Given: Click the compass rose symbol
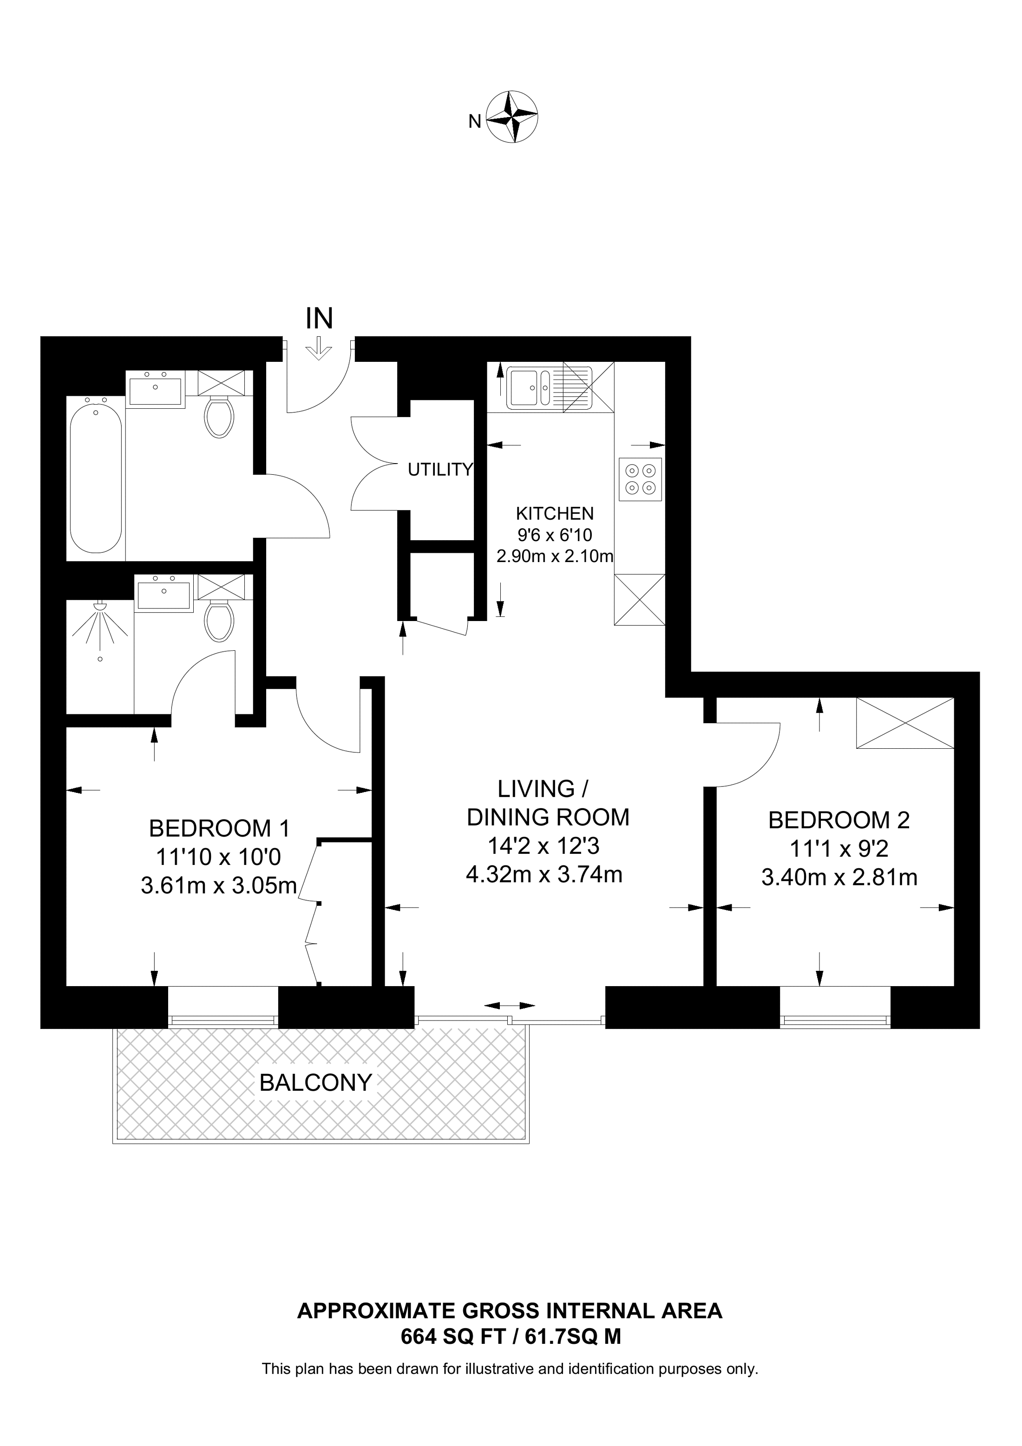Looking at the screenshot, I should pyautogui.click(x=514, y=117).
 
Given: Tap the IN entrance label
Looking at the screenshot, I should pyautogui.click(x=319, y=319).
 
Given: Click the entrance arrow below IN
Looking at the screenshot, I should pyautogui.click(x=320, y=348).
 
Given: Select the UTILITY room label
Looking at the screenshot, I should pyautogui.click(x=439, y=470).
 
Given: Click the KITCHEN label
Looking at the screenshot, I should pyautogui.click(x=554, y=513).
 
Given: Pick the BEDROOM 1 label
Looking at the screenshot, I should pyautogui.click(x=219, y=829).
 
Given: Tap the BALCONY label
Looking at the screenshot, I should pyautogui.click(x=315, y=1083).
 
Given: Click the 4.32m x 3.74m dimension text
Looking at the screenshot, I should pyautogui.click(x=544, y=875).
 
